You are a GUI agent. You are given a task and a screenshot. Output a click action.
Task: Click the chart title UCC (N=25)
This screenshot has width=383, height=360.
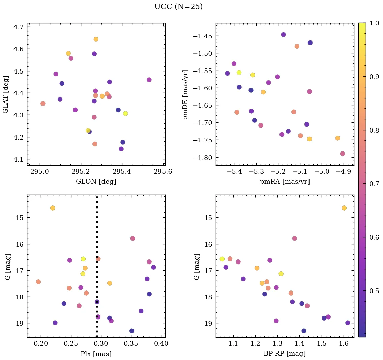178,7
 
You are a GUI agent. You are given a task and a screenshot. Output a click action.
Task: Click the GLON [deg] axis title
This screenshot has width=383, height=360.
96,182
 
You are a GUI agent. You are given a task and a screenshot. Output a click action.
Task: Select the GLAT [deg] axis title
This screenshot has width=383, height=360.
6,94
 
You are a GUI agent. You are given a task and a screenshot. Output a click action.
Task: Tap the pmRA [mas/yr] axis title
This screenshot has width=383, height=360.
285,182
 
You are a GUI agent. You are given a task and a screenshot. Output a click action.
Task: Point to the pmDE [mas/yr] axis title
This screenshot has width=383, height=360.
185,94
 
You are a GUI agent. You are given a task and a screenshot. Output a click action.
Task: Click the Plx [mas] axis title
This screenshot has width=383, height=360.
96,354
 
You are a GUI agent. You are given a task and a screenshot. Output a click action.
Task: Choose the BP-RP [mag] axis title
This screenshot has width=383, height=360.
285,354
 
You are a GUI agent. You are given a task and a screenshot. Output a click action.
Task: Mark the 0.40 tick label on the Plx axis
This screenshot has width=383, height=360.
161,344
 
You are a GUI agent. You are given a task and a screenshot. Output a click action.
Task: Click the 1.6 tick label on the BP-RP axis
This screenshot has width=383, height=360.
344,344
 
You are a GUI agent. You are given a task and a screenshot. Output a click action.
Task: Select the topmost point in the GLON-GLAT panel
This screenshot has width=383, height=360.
96,39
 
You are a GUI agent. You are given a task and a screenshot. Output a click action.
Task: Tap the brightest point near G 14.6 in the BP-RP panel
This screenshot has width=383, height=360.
344,208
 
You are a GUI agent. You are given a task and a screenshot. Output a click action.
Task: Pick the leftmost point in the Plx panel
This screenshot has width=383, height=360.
38,282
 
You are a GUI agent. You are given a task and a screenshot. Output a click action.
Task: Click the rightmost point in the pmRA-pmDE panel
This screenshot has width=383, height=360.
343,154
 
